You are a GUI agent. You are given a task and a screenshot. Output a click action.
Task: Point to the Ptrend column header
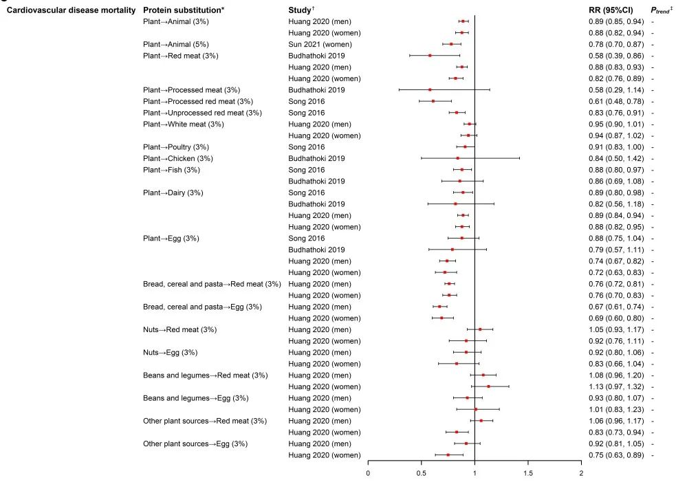tap(660, 10)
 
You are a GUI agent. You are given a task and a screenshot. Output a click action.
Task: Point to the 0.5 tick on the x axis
tap(422, 473)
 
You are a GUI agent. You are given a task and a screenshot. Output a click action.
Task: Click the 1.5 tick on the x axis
tap(528, 473)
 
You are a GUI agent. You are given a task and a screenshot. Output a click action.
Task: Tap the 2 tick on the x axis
tap(581, 473)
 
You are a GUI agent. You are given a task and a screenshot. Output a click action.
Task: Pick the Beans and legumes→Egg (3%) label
tap(195, 398)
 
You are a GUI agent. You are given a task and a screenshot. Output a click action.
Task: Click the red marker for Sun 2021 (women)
tap(451, 44)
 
